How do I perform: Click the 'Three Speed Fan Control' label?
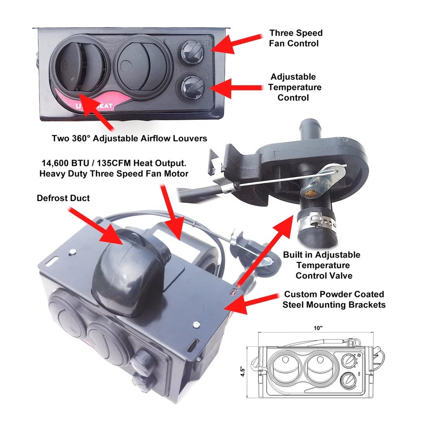[296, 38]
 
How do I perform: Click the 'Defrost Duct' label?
[63, 198]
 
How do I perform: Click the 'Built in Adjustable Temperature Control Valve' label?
[321, 265]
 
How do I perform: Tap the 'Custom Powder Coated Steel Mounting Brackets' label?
[334, 300]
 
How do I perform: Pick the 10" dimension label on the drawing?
[318, 328]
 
